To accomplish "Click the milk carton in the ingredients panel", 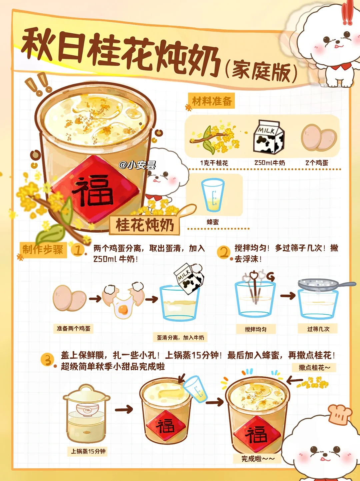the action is tap(269, 137).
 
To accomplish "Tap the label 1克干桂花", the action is tap(214, 163).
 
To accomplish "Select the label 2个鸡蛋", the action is tap(317, 163).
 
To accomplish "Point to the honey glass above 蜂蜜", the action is tap(213, 195).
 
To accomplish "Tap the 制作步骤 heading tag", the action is tap(43, 250).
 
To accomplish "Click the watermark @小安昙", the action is tap(137, 165).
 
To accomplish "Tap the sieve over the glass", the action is tap(326, 284).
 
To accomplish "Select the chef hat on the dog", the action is tap(340, 414).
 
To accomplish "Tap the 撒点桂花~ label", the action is tap(314, 367).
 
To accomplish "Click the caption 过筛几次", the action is tap(318, 329).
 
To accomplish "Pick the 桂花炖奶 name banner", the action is tap(145, 225).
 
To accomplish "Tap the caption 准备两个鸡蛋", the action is tap(73, 328).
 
